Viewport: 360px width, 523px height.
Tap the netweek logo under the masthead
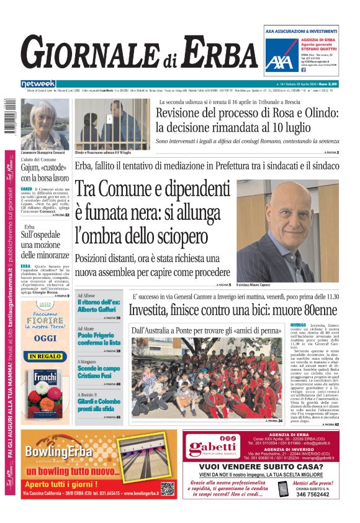(38, 84)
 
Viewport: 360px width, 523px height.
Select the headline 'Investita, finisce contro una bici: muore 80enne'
(233, 310)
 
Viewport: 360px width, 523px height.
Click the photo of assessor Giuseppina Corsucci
(45, 123)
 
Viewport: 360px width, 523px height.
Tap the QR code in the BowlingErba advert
(167, 488)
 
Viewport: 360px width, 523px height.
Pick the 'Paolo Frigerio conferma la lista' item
(99, 339)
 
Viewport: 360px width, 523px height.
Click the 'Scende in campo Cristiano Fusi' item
(98, 371)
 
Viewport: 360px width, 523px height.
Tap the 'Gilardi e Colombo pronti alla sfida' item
(99, 404)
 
